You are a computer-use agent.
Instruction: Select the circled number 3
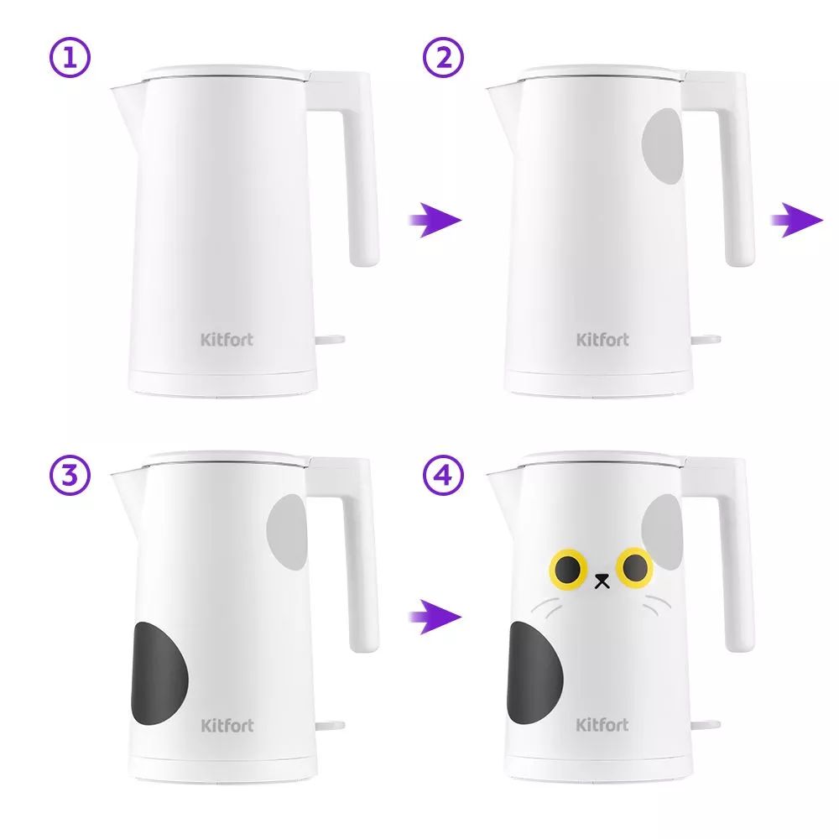[x=70, y=475]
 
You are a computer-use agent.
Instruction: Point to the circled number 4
[x=444, y=475]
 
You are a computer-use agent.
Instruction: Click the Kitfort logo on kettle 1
[x=227, y=340]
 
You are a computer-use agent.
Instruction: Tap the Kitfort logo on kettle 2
[x=602, y=340]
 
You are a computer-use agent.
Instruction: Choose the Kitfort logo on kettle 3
[x=227, y=725]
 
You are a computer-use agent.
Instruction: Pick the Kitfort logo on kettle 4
[x=602, y=725]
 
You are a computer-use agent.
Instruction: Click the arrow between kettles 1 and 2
[x=435, y=220]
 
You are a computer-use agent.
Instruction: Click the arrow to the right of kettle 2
[x=797, y=220]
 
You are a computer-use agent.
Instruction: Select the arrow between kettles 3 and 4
[x=435, y=617]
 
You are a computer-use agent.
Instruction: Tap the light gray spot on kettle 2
[x=663, y=146]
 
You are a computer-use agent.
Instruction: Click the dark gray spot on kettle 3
[x=159, y=673]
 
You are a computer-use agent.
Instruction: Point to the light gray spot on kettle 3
[x=287, y=532]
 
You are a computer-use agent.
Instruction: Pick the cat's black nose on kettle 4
[x=602, y=581]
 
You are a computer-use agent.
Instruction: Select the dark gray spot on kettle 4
[x=534, y=673]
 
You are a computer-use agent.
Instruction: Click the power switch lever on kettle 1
[x=330, y=340]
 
